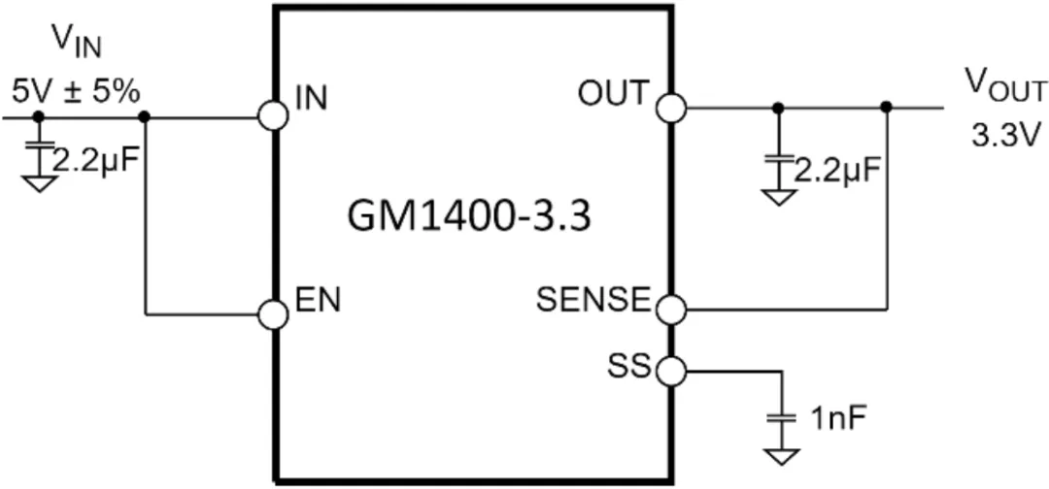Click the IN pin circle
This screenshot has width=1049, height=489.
pyautogui.click(x=273, y=117)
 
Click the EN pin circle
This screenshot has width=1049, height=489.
pyautogui.click(x=273, y=313)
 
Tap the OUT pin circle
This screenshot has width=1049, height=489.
pyautogui.click(x=670, y=107)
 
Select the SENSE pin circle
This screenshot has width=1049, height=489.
pyautogui.click(x=670, y=310)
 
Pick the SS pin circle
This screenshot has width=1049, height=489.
pyautogui.click(x=670, y=370)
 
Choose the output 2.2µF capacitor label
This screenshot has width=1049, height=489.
pyautogui.click(x=837, y=172)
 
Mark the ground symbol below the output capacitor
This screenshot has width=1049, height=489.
pyautogui.click(x=777, y=197)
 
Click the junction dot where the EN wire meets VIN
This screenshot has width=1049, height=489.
pyautogui.click(x=145, y=117)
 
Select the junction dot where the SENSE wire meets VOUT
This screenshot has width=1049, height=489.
pyautogui.click(x=886, y=107)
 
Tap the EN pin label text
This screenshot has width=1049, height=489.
pyautogui.click(x=318, y=301)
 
